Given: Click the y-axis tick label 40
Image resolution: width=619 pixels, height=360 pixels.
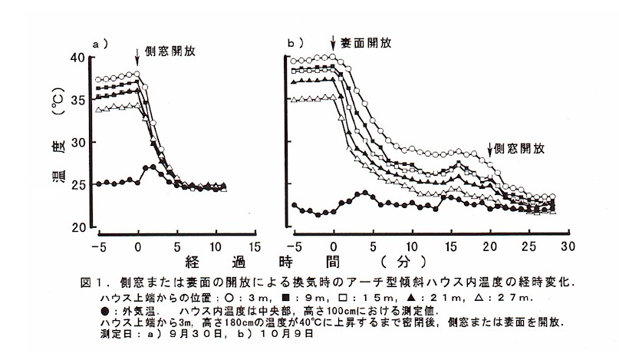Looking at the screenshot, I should point(78,58).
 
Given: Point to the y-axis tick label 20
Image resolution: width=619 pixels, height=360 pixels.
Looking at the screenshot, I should point(78,226).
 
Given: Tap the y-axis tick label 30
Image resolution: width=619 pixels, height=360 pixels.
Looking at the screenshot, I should point(78,143).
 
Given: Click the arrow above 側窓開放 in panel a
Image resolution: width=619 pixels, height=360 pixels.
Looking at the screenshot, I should point(137,54).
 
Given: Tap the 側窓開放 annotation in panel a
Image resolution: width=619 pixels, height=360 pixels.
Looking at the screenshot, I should point(170,52).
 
